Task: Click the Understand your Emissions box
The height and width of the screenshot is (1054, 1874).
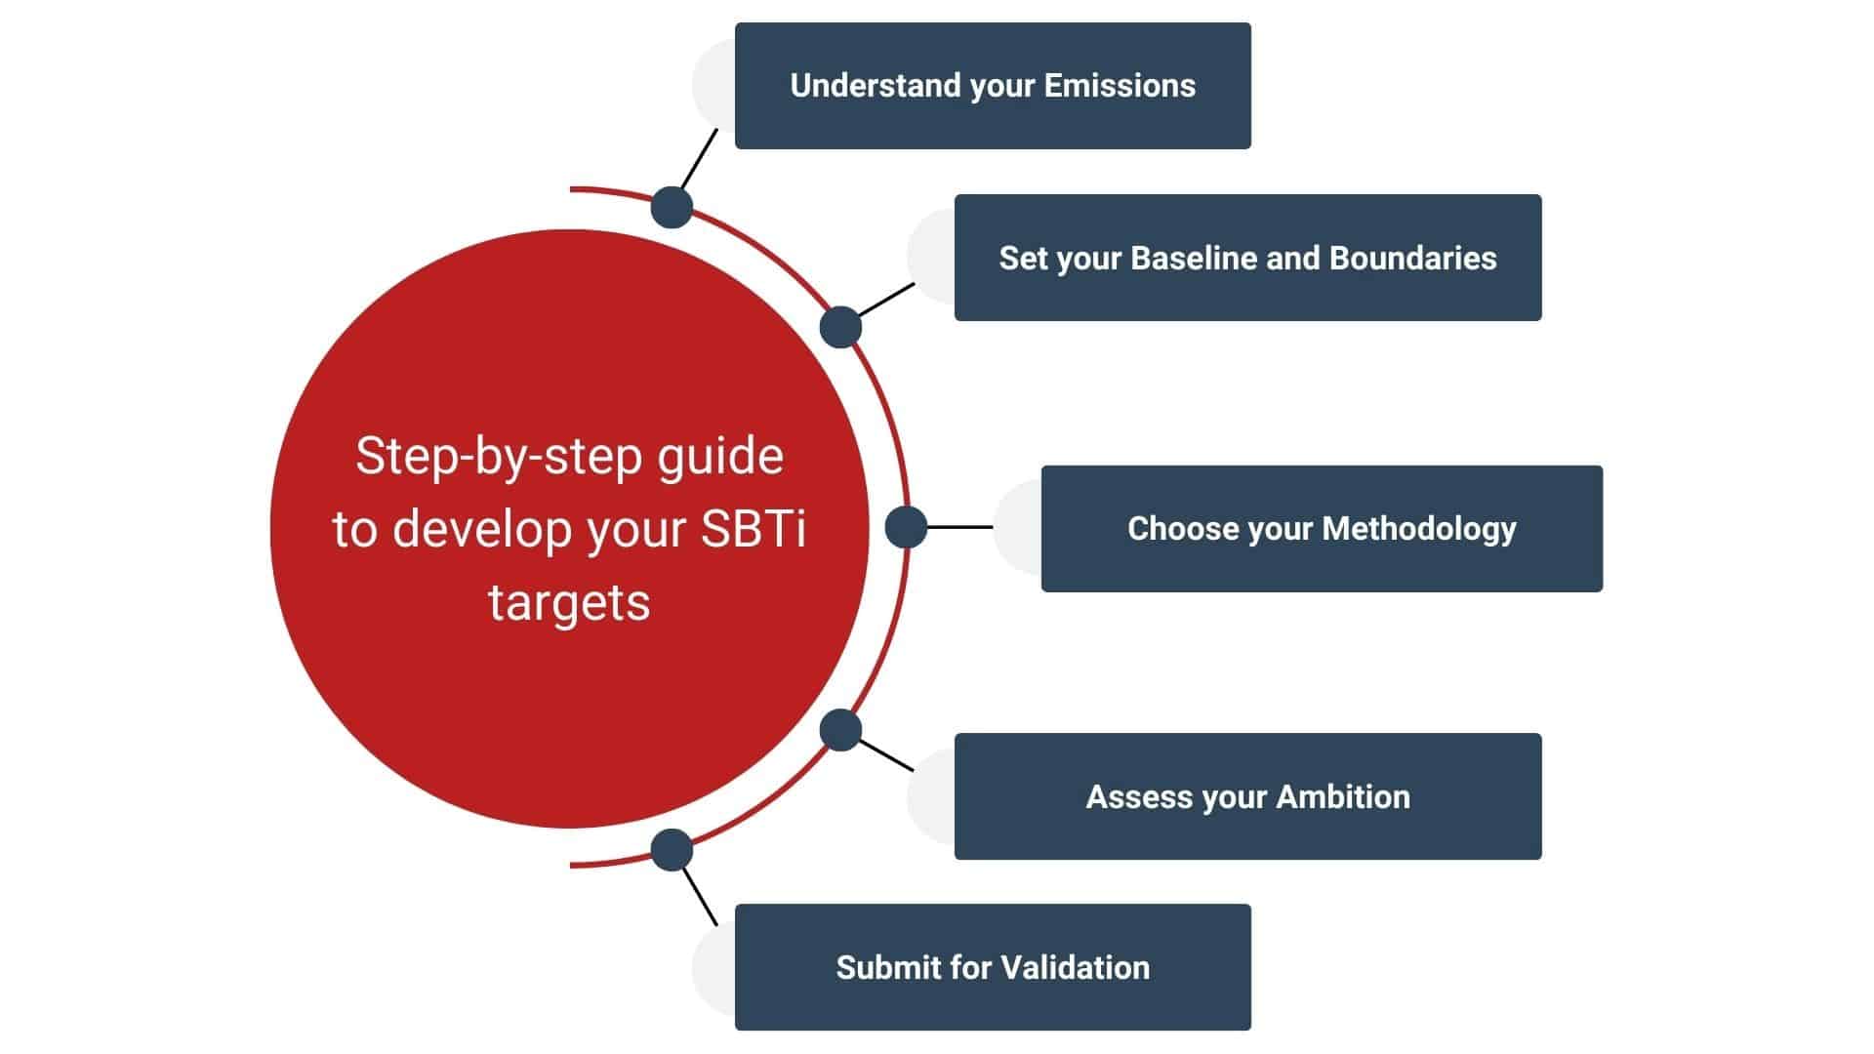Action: (993, 86)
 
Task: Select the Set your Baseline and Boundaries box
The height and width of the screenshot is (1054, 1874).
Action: (1247, 258)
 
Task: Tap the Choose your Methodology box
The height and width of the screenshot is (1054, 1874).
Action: (1322, 528)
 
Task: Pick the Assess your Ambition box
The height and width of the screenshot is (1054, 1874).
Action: (1247, 796)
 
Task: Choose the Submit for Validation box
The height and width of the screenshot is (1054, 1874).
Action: (993, 967)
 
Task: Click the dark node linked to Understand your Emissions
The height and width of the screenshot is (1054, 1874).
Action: (672, 207)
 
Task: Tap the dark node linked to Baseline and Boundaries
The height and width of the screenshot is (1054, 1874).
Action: (840, 327)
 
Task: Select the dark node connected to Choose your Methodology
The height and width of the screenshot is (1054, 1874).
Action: (906, 527)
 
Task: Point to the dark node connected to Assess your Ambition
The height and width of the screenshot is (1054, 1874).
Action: (840, 730)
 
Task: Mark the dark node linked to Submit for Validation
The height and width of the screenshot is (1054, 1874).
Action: (672, 850)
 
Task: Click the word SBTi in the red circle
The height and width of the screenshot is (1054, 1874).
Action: (753, 529)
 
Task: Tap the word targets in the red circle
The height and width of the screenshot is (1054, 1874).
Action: (569, 602)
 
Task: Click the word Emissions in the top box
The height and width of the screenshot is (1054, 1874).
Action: (1120, 86)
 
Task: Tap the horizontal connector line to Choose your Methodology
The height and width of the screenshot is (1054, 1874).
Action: (959, 527)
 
